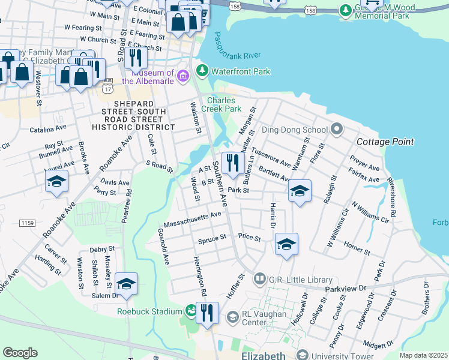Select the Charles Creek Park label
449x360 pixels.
[x=224, y=104]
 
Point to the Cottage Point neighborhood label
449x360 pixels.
[x=385, y=142]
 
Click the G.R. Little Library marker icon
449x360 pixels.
[x=260, y=279]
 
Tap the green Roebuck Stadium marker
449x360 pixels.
[x=191, y=311]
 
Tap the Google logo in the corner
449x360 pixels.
[x=20, y=353]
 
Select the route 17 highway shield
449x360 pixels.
[x=108, y=88]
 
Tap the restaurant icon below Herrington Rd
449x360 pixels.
[x=207, y=312]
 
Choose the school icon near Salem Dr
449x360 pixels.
[x=126, y=283]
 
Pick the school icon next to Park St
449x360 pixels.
[x=299, y=190]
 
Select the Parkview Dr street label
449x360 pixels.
[x=345, y=289]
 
